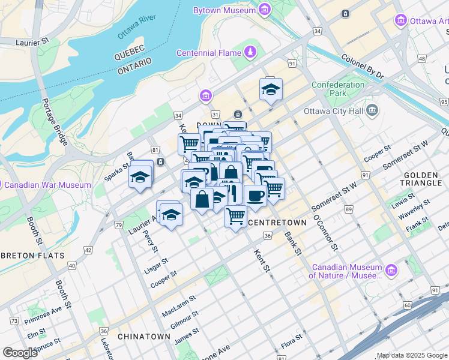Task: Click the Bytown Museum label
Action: point(224,10)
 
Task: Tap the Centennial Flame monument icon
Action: point(250,53)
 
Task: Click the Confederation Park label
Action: point(338,89)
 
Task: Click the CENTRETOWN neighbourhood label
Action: point(277,223)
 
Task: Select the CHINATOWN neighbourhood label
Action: point(144,337)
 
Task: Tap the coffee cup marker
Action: point(255,195)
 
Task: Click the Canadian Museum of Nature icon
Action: point(392,271)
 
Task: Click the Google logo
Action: point(20,352)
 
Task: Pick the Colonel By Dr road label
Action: point(362,65)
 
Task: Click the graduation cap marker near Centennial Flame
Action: point(271,89)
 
